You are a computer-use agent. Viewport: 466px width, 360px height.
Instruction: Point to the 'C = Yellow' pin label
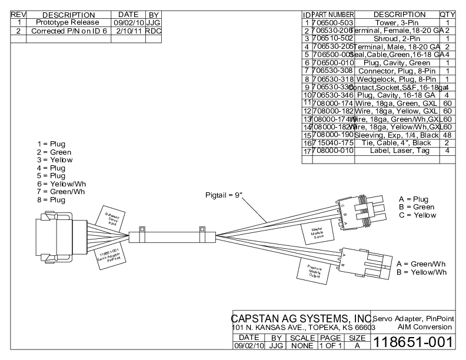coord(417,215)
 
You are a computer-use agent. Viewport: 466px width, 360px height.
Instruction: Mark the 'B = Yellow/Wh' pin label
coord(421,272)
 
